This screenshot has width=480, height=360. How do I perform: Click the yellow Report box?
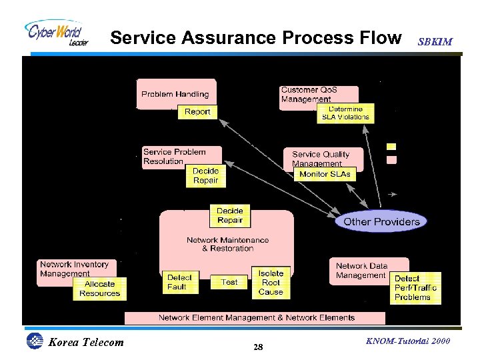(x=197, y=112)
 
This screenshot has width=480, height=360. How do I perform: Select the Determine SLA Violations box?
(x=345, y=113)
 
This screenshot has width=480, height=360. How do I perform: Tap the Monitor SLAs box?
(x=325, y=174)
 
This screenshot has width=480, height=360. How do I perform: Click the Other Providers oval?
(x=381, y=221)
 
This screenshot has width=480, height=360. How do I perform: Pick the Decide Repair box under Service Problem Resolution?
(x=205, y=176)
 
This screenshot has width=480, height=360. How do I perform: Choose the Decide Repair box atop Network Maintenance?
(x=230, y=216)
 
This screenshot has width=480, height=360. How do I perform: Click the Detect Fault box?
(x=179, y=282)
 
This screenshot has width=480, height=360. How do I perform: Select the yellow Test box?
(x=229, y=282)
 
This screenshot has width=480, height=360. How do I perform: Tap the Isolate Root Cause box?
(x=271, y=282)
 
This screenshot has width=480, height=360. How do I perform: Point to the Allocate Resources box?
(x=99, y=289)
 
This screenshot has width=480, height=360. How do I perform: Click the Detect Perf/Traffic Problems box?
(x=415, y=287)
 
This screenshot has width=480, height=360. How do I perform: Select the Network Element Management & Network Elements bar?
(x=256, y=317)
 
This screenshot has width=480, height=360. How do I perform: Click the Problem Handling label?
(x=175, y=94)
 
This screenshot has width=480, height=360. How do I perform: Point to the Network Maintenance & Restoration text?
(x=227, y=244)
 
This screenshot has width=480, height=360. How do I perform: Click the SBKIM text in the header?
(x=435, y=41)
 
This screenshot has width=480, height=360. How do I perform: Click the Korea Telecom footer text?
(x=86, y=343)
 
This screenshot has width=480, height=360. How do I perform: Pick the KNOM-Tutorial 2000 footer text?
(x=408, y=341)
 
